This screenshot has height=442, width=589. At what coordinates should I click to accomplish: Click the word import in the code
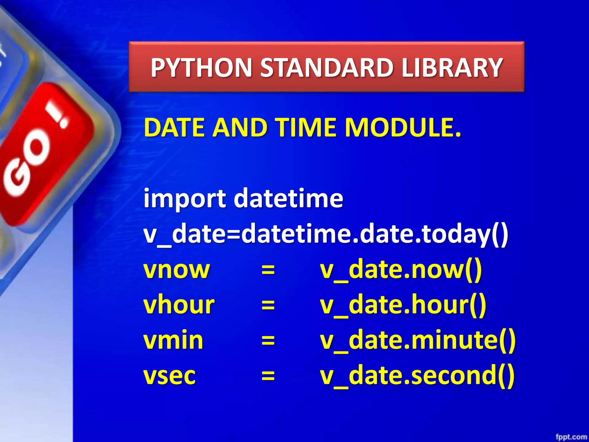pos(185,199)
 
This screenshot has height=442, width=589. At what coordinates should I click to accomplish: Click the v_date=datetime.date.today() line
pos(326,235)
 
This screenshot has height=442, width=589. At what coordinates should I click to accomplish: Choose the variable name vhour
pos(179,305)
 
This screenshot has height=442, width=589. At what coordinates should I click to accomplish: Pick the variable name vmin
pos(173,340)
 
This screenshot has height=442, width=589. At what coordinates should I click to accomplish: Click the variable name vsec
pos(170,376)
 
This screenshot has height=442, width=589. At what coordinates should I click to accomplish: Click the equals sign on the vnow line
pos(268,270)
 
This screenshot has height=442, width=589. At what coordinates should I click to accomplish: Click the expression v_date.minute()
pos(418,340)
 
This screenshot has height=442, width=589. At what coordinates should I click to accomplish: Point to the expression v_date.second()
pos(417,376)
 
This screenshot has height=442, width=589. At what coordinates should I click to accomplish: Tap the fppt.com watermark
pos(571,437)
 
